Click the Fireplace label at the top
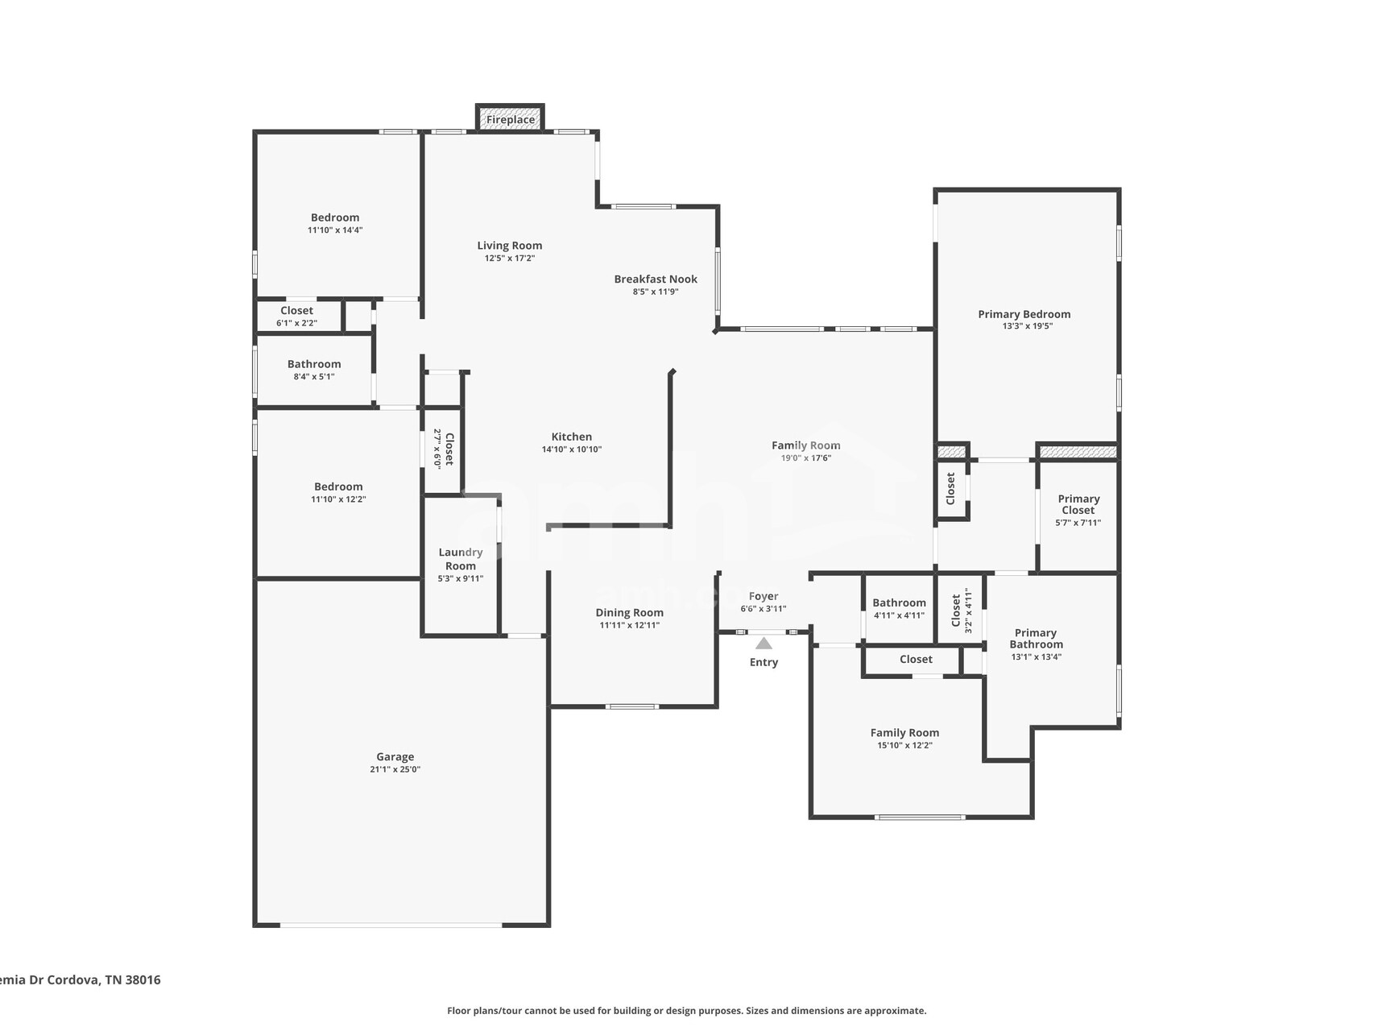(511, 120)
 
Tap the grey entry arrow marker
(764, 643)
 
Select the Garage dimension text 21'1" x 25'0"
(395, 769)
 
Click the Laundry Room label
(461, 559)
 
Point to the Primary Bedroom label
(1024, 314)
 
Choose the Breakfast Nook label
(656, 279)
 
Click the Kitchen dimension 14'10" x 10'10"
(572, 449)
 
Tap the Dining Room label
(630, 613)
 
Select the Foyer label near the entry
(764, 597)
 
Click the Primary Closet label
(1078, 504)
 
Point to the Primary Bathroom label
(1036, 639)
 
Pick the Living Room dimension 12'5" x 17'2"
(510, 259)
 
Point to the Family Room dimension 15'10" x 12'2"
(904, 746)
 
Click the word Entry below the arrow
(764, 662)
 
